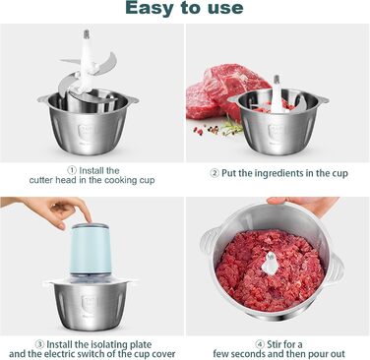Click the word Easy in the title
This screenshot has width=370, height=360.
[149, 8]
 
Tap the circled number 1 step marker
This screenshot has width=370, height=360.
[72, 170]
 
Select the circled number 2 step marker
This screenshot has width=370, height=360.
[215, 173]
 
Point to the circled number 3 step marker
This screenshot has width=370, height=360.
[39, 344]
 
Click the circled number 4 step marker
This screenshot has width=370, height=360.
[260, 344]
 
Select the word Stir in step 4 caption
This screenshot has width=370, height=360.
[274, 344]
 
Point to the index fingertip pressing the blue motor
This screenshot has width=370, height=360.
[88, 218]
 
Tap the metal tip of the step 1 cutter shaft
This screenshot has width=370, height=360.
[87, 33]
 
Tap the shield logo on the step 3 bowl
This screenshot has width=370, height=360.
[90, 304]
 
